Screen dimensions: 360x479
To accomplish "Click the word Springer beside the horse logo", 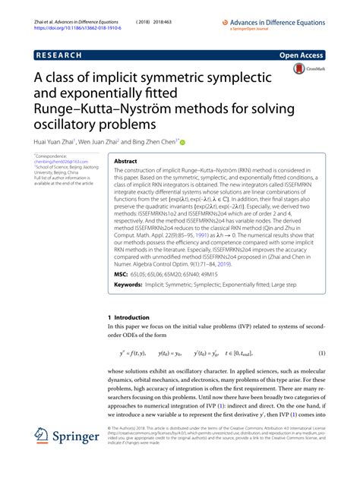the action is pyautogui.click(x=78, y=438).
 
